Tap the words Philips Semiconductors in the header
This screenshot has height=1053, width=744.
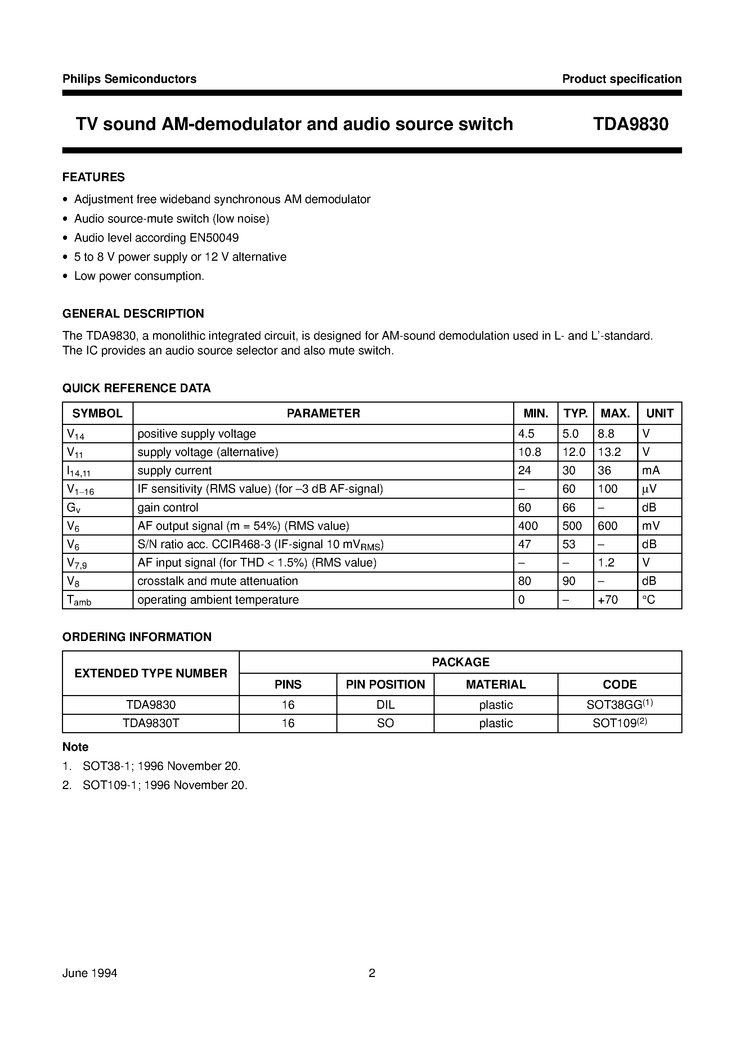(x=129, y=79)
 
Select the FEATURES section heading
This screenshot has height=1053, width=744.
(x=94, y=177)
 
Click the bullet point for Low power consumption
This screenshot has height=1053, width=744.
(x=66, y=277)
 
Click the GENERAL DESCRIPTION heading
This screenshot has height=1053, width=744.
(x=133, y=314)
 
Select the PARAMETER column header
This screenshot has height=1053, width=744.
(x=323, y=413)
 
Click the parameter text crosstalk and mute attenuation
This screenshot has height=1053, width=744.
(x=218, y=581)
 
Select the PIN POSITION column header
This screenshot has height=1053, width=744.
(x=385, y=684)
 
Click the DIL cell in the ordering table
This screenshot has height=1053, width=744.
(x=385, y=704)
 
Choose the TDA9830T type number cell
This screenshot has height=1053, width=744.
(x=151, y=723)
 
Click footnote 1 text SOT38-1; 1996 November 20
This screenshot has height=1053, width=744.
(x=161, y=766)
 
